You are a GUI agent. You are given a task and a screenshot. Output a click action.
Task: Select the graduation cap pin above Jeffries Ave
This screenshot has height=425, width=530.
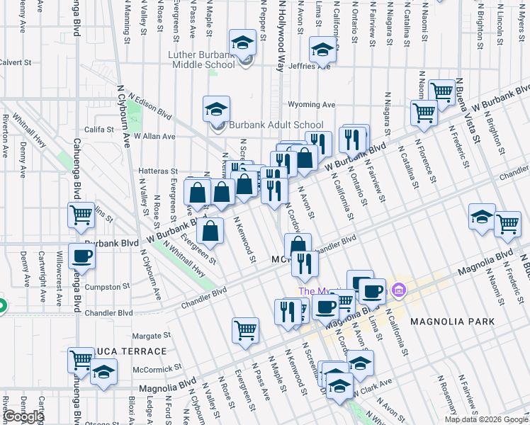click(322, 51)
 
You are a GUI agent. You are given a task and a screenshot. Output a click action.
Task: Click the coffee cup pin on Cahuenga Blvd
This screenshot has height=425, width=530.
click(81, 256)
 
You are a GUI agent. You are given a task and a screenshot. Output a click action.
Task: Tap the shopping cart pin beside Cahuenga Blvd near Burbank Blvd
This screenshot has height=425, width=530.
click(81, 214)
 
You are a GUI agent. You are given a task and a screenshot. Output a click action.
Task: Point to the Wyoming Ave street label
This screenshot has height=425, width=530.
click(310, 105)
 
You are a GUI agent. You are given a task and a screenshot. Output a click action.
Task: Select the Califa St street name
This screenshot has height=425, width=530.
click(99, 130)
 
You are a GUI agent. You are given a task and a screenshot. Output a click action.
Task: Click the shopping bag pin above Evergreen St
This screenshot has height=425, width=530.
click(210, 229)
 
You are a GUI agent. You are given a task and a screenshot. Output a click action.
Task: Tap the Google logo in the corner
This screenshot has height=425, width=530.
click(24, 417)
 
